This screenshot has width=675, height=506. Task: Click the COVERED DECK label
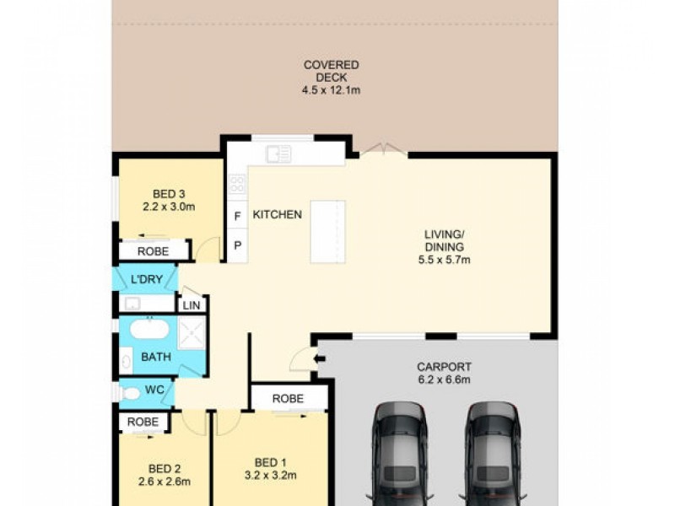pyautogui.click(x=331, y=71)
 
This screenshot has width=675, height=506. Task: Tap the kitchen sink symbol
pyautogui.click(x=278, y=153)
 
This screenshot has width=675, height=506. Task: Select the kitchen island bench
pyautogui.click(x=327, y=231)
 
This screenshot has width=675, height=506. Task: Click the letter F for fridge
pyautogui.click(x=238, y=216)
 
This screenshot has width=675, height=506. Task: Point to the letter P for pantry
pyautogui.click(x=238, y=245)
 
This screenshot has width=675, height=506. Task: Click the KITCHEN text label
pyautogui.click(x=278, y=215)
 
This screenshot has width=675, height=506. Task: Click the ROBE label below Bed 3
pyautogui.click(x=153, y=251)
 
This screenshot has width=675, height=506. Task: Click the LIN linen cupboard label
pyautogui.click(x=192, y=305)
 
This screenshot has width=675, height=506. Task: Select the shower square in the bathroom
pyautogui.click(x=192, y=333)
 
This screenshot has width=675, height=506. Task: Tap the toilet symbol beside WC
pyautogui.click(x=131, y=392)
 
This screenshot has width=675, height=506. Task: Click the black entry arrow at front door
pyautogui.click(x=319, y=360)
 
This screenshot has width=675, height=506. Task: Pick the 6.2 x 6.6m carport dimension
pyautogui.click(x=444, y=379)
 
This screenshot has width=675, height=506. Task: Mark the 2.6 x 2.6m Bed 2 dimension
pyautogui.click(x=164, y=482)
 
